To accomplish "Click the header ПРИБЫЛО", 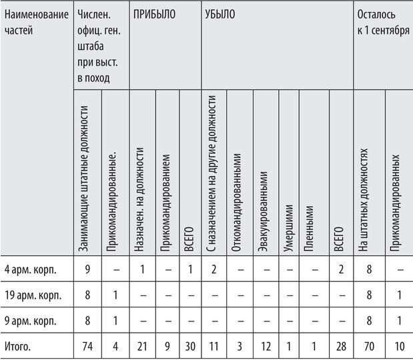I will pyautogui.click(x=154, y=13).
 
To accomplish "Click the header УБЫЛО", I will pyautogui.click(x=220, y=13).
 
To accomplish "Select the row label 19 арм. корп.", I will pyautogui.click(x=33, y=295).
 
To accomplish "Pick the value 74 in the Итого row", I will pyautogui.click(x=87, y=346).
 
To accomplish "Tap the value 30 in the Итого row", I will pyautogui.click(x=189, y=346).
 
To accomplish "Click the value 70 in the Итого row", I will pyautogui.click(x=368, y=346).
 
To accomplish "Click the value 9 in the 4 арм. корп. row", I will pyautogui.click(x=87, y=269).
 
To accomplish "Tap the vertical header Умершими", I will pyautogui.click(x=288, y=224).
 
